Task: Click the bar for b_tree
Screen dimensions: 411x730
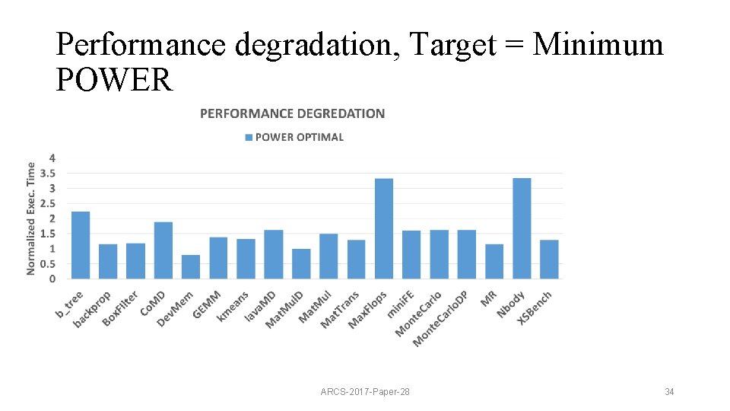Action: click(81, 245)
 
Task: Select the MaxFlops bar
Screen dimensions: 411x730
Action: click(384, 228)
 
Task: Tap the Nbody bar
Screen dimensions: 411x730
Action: click(522, 228)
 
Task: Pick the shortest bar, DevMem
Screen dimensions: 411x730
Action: click(191, 267)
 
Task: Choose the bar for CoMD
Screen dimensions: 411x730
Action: click(163, 250)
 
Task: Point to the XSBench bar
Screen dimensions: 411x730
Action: click(549, 260)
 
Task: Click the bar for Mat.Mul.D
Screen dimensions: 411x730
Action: click(301, 264)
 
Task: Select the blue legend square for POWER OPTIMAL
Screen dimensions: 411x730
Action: click(249, 138)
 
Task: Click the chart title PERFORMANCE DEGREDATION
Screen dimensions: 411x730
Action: click(292, 113)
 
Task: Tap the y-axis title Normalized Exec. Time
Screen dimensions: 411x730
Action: click(31, 218)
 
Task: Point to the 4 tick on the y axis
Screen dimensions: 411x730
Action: click(52, 158)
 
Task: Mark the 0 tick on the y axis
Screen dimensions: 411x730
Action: click(52, 279)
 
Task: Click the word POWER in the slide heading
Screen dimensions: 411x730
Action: click(114, 78)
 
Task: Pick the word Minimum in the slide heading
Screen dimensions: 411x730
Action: click(598, 45)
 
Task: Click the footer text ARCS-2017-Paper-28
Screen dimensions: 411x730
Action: click(365, 392)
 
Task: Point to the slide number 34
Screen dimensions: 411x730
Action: click(669, 392)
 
